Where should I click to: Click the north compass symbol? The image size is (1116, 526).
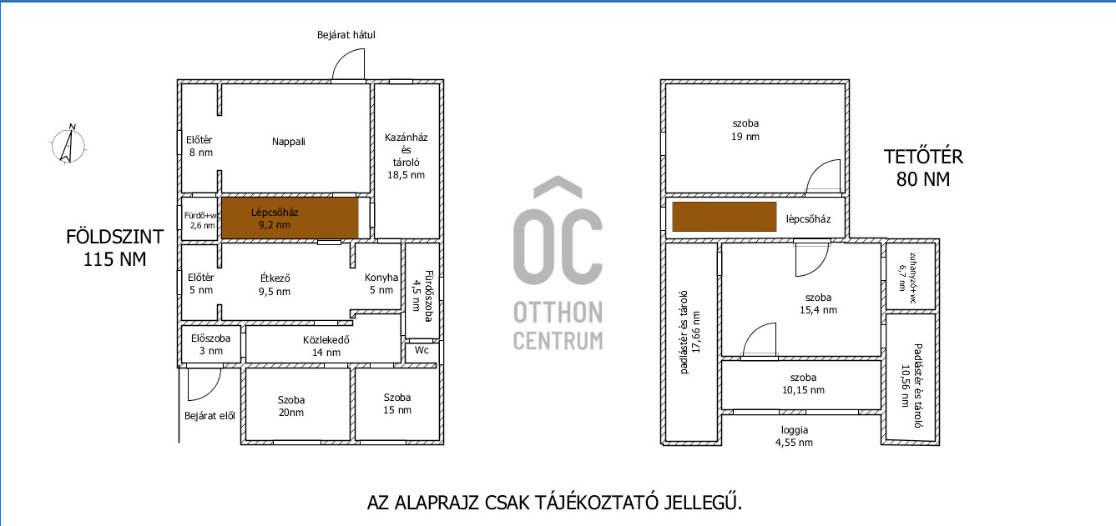pyautogui.click(x=68, y=144)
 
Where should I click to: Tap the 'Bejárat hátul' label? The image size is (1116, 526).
pyautogui.click(x=346, y=35)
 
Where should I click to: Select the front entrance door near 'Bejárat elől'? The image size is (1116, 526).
pyautogui.click(x=205, y=384)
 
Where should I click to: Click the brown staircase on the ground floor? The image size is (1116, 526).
pyautogui.click(x=290, y=218)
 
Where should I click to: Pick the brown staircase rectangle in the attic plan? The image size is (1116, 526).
pyautogui.click(x=725, y=217)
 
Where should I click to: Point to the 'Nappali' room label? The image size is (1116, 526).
pyautogui.click(x=289, y=142)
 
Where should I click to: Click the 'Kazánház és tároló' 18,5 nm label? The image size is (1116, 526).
pyautogui.click(x=406, y=156)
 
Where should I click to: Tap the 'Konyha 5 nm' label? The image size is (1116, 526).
pyautogui.click(x=381, y=283)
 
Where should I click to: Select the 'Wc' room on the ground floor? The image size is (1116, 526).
pyautogui.click(x=422, y=353)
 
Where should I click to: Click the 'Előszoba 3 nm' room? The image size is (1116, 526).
pyautogui.click(x=210, y=344)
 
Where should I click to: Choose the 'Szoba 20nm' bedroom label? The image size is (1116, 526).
pyautogui.click(x=291, y=406)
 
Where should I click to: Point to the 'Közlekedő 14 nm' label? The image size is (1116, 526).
pyautogui.click(x=326, y=346)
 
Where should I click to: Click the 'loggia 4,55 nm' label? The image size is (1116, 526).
pyautogui.click(x=794, y=436)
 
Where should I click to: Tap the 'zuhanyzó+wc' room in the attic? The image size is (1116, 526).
pyautogui.click(x=910, y=276)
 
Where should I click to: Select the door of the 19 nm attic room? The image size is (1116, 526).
pyautogui.click(x=823, y=176)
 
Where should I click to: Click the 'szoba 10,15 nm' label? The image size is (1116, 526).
pyautogui.click(x=803, y=383)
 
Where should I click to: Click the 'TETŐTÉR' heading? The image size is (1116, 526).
pyautogui.click(x=923, y=157)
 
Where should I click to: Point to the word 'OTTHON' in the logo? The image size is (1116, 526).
pyautogui.click(x=558, y=313)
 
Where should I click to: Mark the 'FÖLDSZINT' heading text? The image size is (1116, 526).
pyautogui.click(x=114, y=237)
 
